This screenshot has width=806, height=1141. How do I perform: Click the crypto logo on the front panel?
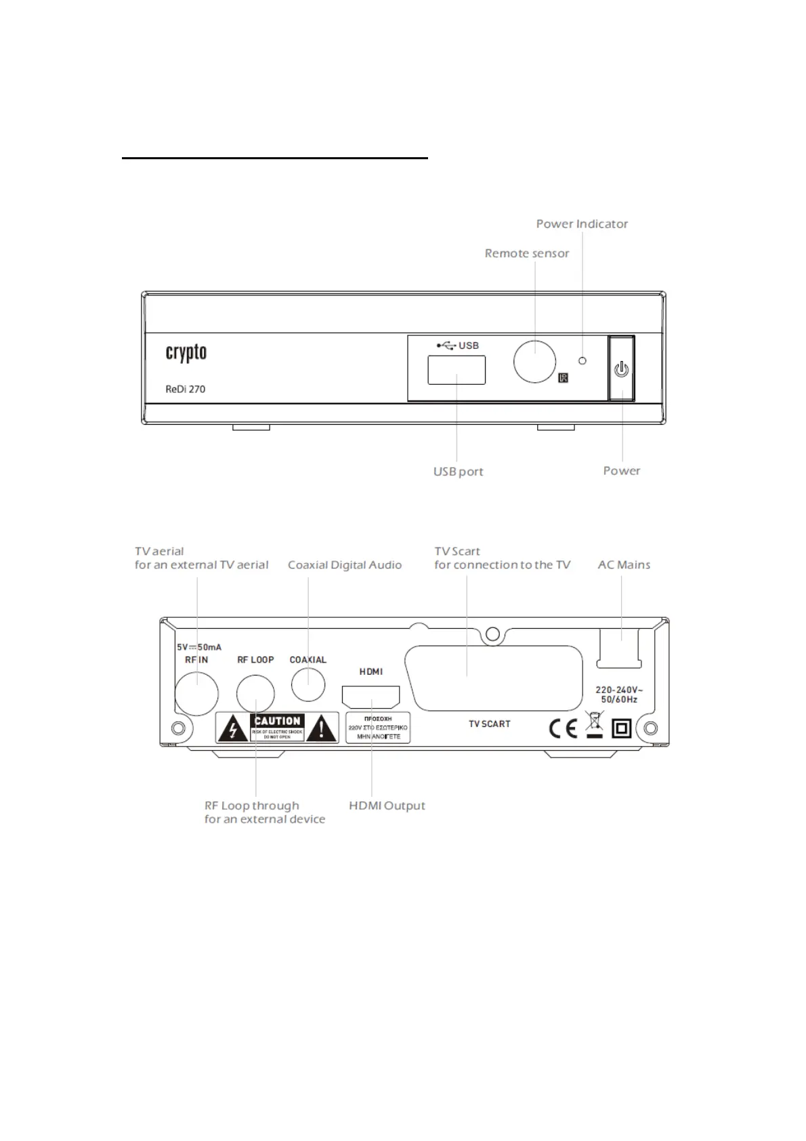tap(186, 353)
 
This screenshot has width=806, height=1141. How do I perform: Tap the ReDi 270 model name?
tap(185, 389)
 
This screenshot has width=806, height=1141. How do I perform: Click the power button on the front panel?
tap(621, 369)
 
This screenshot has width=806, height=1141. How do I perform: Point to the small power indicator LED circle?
tap(582, 360)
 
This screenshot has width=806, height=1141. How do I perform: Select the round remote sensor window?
tap(534, 361)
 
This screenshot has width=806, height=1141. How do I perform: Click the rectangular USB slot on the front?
tap(457, 370)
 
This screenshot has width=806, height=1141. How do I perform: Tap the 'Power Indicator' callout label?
tap(582, 224)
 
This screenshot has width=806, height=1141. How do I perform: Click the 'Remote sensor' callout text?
tap(526, 253)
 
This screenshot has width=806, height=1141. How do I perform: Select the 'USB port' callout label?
tap(458, 472)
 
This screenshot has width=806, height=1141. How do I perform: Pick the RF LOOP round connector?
tap(255, 695)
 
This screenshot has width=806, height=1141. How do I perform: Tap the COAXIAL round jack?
tap(308, 684)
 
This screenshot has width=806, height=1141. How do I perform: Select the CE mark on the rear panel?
tap(563, 728)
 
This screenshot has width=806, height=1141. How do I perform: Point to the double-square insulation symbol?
tap(622, 728)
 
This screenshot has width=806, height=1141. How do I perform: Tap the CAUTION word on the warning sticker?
tap(277, 721)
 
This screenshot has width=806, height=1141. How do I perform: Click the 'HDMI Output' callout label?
tap(387, 806)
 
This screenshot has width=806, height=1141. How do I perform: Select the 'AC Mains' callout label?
tap(624, 565)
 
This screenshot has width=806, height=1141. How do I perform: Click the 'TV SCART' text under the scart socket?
tap(489, 724)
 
